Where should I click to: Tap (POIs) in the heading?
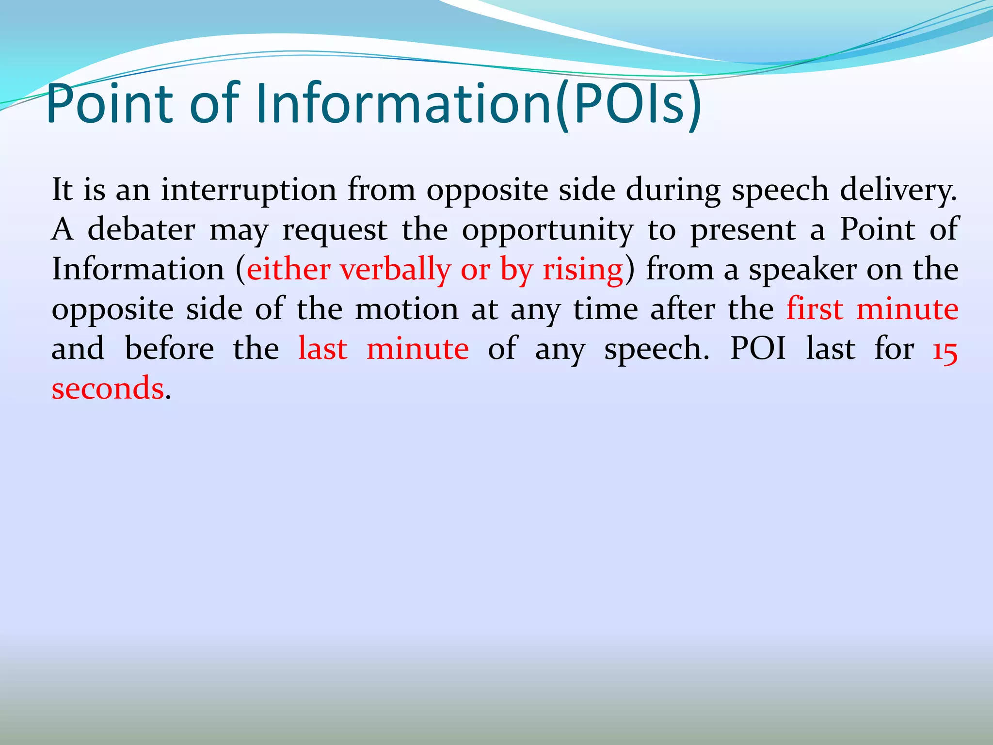pos(628,103)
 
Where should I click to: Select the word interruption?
pos(249,190)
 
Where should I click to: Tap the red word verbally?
pos(395,270)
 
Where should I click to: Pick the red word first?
pos(815,309)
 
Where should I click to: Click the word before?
pos(169,349)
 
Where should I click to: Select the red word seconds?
pos(108,389)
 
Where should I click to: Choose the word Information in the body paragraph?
pos(138,270)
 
